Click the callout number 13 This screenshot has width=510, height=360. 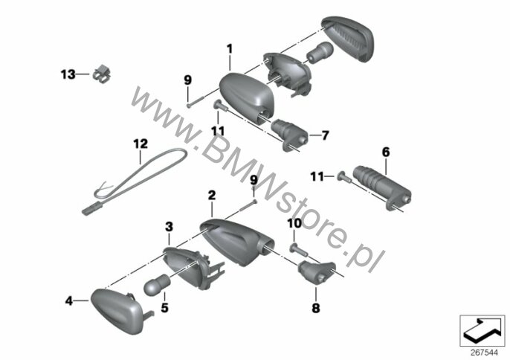[x=68, y=74]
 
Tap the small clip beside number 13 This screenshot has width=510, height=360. [x=101, y=75]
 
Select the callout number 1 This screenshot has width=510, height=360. [x=230, y=49]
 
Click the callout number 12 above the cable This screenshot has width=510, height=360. [x=141, y=144]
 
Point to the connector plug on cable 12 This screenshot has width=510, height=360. [x=91, y=209]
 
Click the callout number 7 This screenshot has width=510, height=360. [x=326, y=135]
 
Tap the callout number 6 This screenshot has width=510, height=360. [x=386, y=152]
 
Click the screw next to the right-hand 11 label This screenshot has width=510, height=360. [x=344, y=176]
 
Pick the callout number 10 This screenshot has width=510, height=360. [x=294, y=224]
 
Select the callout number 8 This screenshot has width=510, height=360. [x=316, y=308]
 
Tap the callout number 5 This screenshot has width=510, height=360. [x=164, y=308]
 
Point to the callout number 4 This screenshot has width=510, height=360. [x=69, y=300]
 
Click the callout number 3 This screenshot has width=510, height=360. [x=170, y=227]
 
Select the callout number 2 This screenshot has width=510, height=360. [x=212, y=196]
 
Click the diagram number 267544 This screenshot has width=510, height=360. [x=484, y=353]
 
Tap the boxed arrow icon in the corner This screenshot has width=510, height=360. [x=482, y=331]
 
